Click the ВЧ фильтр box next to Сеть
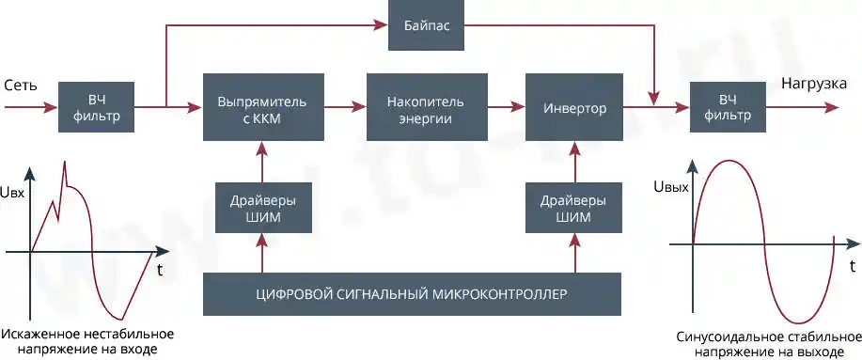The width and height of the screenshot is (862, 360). tap(97, 108)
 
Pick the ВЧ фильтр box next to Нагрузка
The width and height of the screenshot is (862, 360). tap(729, 108)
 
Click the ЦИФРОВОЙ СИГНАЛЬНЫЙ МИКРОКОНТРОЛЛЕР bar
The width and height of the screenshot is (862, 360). tap(413, 293)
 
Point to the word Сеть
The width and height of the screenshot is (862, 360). tap(21, 86)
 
